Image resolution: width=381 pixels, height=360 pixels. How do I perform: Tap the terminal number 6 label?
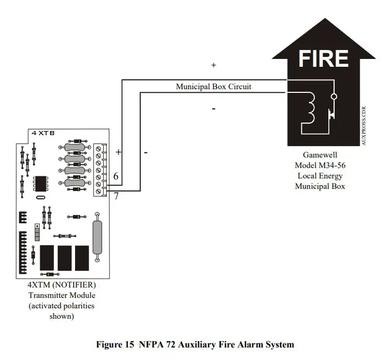116,177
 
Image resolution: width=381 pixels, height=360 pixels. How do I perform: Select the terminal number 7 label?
116,196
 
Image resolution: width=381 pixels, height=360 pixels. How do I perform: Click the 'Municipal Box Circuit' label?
213,87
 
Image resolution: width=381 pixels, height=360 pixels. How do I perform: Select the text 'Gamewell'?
319,155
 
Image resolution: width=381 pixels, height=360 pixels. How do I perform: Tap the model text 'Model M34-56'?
319,165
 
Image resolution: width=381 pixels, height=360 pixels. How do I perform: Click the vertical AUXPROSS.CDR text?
363,126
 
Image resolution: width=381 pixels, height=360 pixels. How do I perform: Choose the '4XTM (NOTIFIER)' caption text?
62,285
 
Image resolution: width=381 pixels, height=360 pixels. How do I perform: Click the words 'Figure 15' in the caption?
116,344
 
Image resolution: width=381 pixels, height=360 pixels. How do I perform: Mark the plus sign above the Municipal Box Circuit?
214,65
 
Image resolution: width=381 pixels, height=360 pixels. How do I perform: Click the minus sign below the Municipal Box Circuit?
214,109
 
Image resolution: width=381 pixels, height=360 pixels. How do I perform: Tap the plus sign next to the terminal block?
118,152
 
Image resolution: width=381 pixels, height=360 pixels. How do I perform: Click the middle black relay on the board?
65,257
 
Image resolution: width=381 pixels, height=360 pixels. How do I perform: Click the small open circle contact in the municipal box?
334,97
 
